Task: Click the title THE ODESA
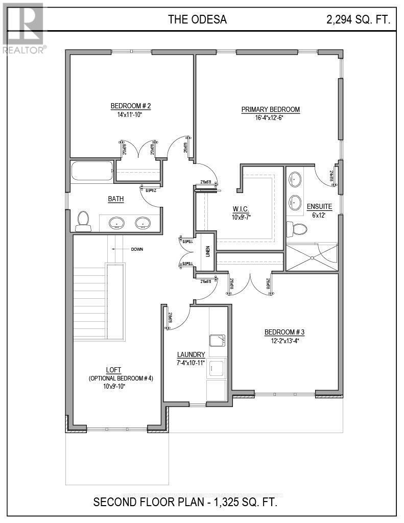[x=197, y=20]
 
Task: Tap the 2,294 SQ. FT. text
[x=358, y=20]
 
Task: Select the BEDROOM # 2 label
[x=131, y=106]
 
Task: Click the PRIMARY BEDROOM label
[x=270, y=109]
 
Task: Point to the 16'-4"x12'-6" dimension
[x=270, y=117]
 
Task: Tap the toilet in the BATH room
[x=82, y=221]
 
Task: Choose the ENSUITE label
[x=319, y=207]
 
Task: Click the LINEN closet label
[x=208, y=251]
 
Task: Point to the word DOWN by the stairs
[x=136, y=249]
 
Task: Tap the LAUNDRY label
[x=191, y=354]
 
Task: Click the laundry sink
[x=218, y=340]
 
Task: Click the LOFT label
[x=114, y=370]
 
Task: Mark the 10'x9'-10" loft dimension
[x=114, y=386]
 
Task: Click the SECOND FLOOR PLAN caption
[x=185, y=503]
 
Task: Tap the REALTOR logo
[x=23, y=28]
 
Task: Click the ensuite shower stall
[x=311, y=256]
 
